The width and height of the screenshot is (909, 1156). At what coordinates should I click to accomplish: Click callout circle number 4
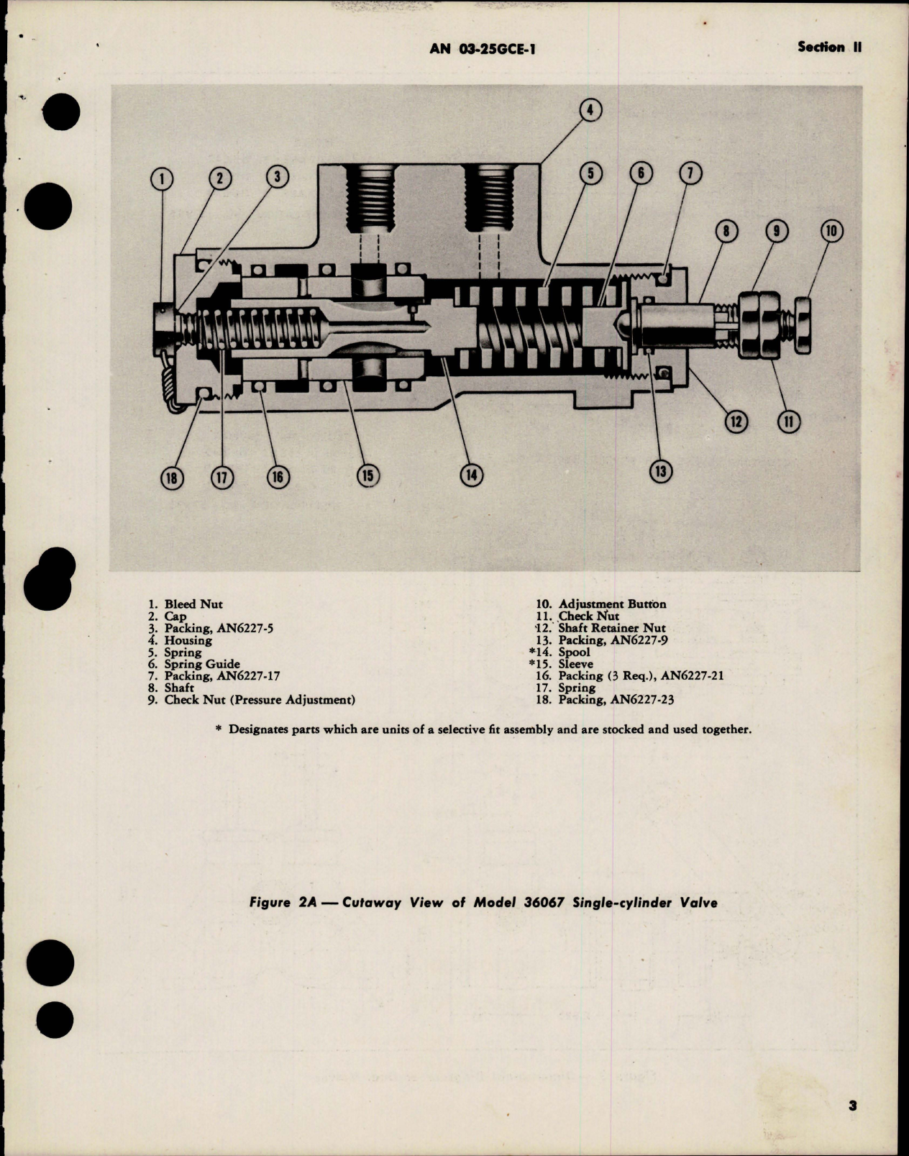tap(590, 110)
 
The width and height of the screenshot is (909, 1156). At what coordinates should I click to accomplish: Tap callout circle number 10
tap(831, 232)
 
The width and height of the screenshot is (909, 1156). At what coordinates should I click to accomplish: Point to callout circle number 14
tap(472, 475)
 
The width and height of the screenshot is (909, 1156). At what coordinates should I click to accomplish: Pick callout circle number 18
tap(173, 478)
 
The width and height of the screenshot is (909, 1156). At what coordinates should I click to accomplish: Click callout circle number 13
tap(660, 471)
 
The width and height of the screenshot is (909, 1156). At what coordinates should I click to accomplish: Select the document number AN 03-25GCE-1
tap(483, 48)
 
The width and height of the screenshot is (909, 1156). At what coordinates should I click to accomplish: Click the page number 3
tap(852, 1127)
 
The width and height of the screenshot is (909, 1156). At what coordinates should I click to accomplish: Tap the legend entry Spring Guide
tap(202, 664)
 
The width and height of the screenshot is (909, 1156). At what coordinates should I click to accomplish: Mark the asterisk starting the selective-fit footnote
tap(219, 729)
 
